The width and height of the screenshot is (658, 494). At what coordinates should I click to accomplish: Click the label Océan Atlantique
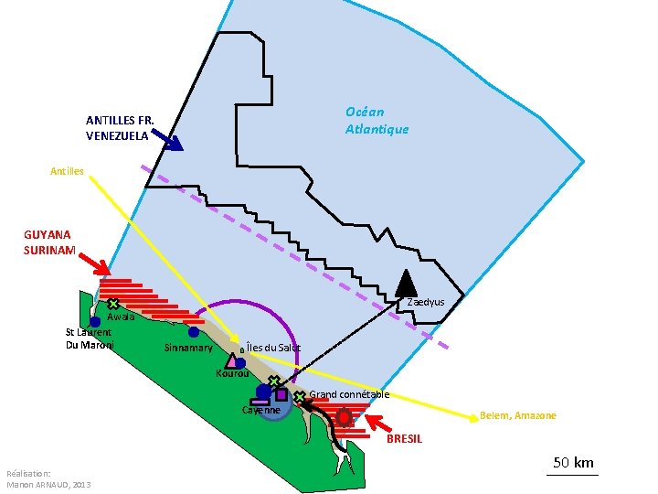pyautogui.click(x=377, y=120)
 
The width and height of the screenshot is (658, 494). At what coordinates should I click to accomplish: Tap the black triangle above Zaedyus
pyautogui.click(x=405, y=285)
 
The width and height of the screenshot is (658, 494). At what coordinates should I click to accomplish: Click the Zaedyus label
pyautogui.click(x=426, y=302)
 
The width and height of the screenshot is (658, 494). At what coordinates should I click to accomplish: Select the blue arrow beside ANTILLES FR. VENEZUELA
pyautogui.click(x=167, y=138)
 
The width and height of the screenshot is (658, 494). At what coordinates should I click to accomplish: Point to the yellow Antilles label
pyautogui.click(x=67, y=171)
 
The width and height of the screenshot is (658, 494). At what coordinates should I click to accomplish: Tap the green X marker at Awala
pyautogui.click(x=112, y=303)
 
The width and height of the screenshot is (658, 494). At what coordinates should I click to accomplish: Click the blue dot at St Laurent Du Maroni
pyautogui.click(x=94, y=322)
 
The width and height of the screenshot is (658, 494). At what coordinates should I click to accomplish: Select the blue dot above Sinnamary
pyautogui.click(x=194, y=332)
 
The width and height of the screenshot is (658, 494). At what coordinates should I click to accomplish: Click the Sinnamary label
pyautogui.click(x=188, y=348)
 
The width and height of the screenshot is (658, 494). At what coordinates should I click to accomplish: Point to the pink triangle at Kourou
pyautogui.click(x=231, y=361)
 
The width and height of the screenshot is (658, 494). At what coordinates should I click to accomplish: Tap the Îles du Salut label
pyautogui.click(x=273, y=348)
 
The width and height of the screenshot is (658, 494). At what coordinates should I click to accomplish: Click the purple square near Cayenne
pyautogui.click(x=281, y=394)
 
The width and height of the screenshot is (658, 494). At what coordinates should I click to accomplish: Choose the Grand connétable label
pyautogui.click(x=350, y=394)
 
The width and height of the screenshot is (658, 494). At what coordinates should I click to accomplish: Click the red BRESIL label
pyautogui.click(x=404, y=439)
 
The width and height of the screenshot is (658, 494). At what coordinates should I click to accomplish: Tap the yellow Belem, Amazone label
pyautogui.click(x=517, y=415)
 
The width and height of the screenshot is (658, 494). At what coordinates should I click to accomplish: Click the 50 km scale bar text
pyautogui.click(x=573, y=462)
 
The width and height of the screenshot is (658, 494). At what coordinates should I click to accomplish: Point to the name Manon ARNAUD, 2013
pyautogui.click(x=48, y=484)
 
